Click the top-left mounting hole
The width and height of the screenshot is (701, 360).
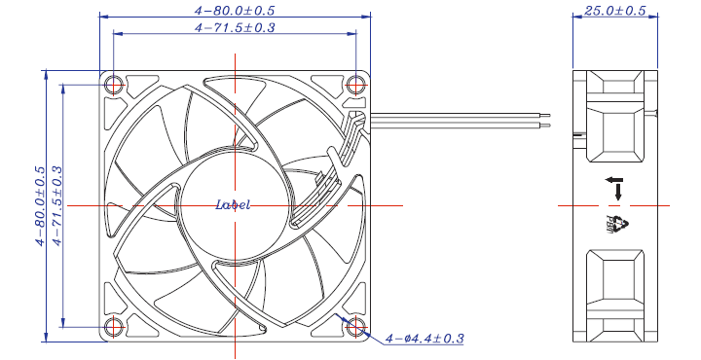click(x=115, y=85)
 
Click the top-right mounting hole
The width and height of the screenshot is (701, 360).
click(x=355, y=85)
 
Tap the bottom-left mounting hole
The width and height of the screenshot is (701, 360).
click(x=115, y=327)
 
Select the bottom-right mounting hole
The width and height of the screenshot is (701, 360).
click(x=355, y=327)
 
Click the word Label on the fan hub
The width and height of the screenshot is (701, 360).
click(x=233, y=205)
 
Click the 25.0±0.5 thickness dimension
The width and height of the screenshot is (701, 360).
click(x=614, y=11)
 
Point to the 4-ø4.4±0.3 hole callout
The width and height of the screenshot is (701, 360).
click(x=424, y=339)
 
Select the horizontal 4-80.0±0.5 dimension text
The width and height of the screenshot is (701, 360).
click(x=235, y=11)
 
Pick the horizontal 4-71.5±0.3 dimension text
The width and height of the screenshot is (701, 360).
click(x=235, y=27)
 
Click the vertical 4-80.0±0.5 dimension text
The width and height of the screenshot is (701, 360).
click(x=41, y=206)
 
